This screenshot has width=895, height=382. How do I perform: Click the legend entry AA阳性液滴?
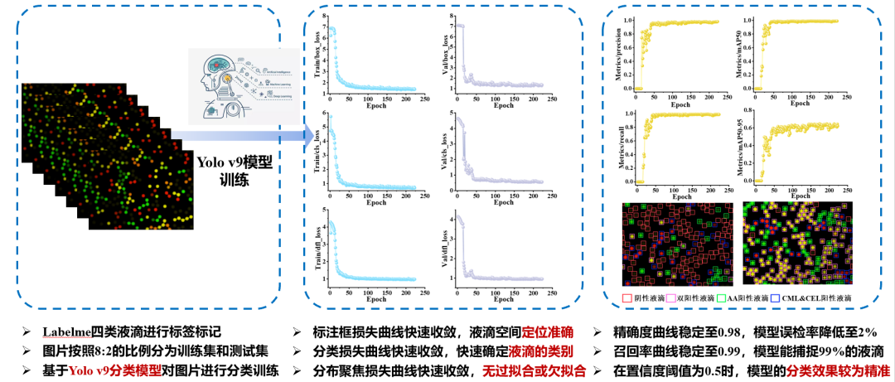743,297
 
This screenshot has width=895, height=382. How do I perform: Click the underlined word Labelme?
68,331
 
